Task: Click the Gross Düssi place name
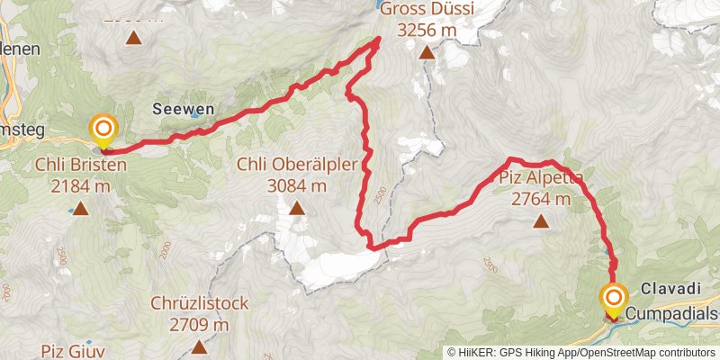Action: [x=426, y=10]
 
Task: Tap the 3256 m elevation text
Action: [x=426, y=31]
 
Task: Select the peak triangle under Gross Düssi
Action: [x=427, y=53]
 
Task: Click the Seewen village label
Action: [x=183, y=108]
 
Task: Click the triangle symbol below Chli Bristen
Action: [x=80, y=210]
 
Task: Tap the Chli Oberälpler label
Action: [x=297, y=165]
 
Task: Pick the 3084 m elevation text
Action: [x=297, y=186]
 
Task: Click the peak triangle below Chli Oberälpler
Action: [x=297, y=210]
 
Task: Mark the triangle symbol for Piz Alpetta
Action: [x=540, y=220]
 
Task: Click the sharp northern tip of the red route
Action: [x=377, y=40]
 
